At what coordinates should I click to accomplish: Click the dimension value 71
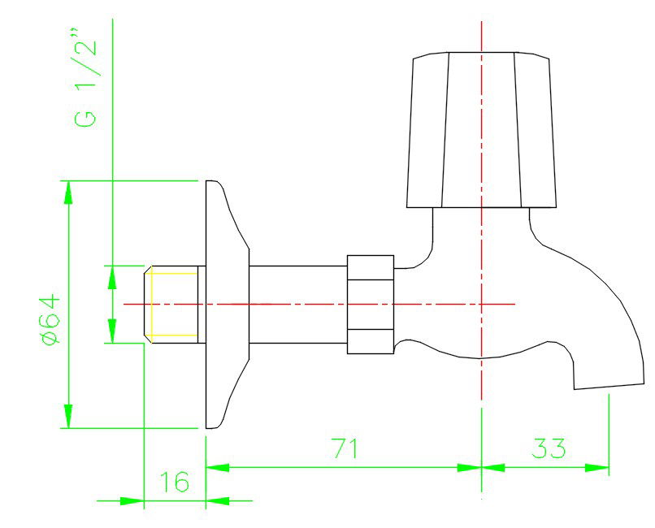pos(345,448)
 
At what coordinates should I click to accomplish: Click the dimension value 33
pos(549,448)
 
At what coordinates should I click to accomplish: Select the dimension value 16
pos(174,483)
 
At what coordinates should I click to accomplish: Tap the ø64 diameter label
pos(50,318)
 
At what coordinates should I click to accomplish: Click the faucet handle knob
pos(482,130)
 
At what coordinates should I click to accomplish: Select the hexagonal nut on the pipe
pos(371,305)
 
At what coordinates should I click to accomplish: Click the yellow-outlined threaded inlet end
pos(173,304)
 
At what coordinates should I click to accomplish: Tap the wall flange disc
pos(224,305)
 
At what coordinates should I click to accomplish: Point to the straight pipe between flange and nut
pos(297,305)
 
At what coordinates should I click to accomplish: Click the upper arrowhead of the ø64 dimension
pos(69,192)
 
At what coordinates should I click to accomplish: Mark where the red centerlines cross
pos(482,304)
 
